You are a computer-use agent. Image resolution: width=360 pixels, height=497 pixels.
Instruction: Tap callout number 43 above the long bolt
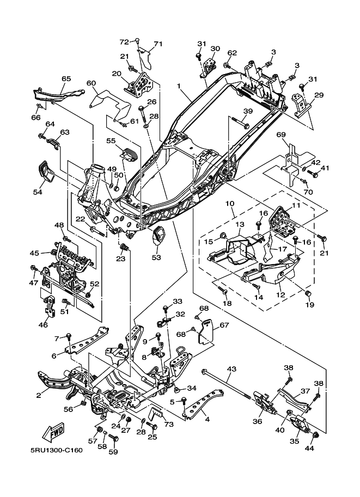(x=232, y=370)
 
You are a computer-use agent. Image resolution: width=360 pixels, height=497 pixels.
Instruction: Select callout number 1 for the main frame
(x=179, y=86)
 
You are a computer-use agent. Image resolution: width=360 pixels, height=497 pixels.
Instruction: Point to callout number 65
(x=66, y=79)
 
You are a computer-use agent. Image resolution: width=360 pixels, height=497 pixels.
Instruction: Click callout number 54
(x=38, y=192)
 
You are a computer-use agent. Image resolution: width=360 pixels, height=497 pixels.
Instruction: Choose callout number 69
(x=281, y=134)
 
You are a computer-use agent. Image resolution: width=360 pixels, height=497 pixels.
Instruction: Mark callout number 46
(x=43, y=325)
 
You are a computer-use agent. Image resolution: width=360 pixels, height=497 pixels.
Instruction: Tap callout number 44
(x=310, y=449)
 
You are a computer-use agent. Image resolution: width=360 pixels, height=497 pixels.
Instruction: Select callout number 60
(x=91, y=83)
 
